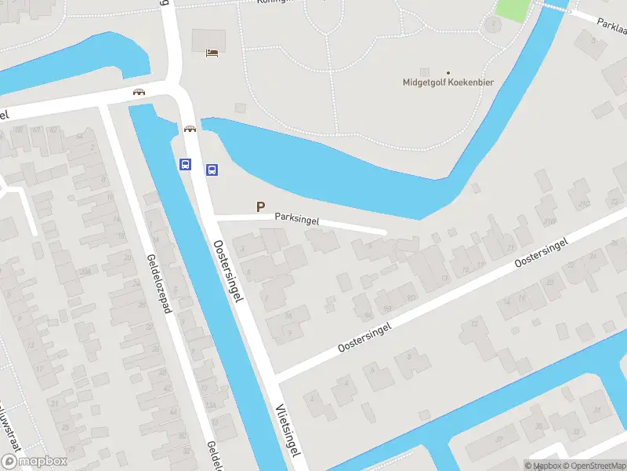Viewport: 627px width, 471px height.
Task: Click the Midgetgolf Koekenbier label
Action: click(x=448, y=82)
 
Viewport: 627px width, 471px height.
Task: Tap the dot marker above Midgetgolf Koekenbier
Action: click(x=448, y=72)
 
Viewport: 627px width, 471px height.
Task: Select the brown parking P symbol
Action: click(x=260, y=206)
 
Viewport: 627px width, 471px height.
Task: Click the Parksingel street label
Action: click(x=297, y=220)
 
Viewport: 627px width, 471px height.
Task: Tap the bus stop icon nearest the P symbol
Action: click(x=212, y=170)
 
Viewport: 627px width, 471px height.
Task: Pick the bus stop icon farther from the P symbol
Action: click(x=186, y=165)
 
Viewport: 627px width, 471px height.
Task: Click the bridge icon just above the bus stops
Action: click(x=190, y=130)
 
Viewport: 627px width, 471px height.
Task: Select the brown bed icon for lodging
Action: click(x=212, y=53)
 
